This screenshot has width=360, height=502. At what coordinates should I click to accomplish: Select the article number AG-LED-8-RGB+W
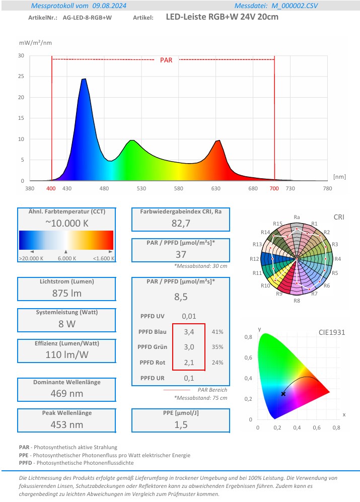point(87,17)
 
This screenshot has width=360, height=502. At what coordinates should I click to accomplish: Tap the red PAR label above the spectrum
point(166,60)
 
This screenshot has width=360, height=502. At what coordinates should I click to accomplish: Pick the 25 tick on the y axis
point(21,77)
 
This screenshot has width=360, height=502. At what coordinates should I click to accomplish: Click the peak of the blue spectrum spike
point(84,79)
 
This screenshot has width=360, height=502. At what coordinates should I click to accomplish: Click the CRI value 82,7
point(180,223)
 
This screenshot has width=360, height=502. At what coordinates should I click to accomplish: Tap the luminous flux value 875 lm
point(66,293)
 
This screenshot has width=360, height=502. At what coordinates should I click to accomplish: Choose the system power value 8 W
point(66,324)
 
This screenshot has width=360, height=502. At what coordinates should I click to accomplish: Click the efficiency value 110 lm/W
point(66,354)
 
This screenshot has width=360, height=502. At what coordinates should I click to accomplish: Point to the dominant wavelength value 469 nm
point(66,393)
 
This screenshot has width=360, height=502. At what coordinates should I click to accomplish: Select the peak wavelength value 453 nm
point(66,424)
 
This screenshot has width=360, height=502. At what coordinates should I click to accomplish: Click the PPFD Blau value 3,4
point(188,332)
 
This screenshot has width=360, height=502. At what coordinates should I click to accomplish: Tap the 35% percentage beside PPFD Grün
point(218,347)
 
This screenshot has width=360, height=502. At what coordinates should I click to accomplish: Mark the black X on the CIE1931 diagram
point(283,394)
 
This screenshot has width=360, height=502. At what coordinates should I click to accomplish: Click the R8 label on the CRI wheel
point(297,301)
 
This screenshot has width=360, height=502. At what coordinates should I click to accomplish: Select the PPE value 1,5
point(180,424)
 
